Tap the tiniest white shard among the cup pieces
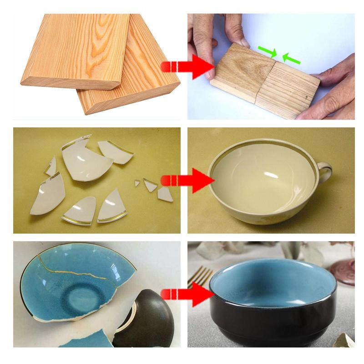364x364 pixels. click(x=137, y=183)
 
